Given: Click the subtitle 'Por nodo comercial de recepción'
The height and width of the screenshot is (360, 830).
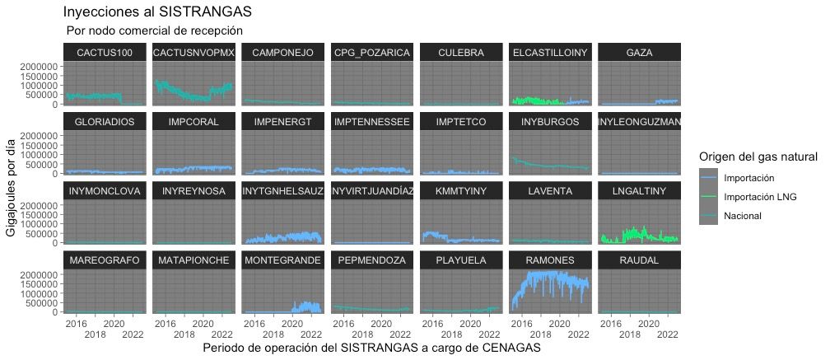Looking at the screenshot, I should pos(155,31).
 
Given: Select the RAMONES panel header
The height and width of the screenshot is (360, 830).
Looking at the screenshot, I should pos(550,259).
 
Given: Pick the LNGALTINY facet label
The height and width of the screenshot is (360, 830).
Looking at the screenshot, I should pos(639,191).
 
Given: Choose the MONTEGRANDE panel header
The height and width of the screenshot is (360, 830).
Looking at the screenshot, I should pos(283,259).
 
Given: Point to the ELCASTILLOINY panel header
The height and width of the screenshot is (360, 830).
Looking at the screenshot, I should pos(550,52).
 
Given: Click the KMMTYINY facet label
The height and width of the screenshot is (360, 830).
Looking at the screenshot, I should pos(461,191).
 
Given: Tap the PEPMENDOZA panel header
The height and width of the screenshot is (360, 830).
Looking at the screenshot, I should pos(372,259).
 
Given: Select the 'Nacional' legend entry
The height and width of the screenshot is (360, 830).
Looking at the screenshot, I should pos(743,216).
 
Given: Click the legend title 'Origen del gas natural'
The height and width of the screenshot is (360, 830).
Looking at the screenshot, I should pos(757,157).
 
